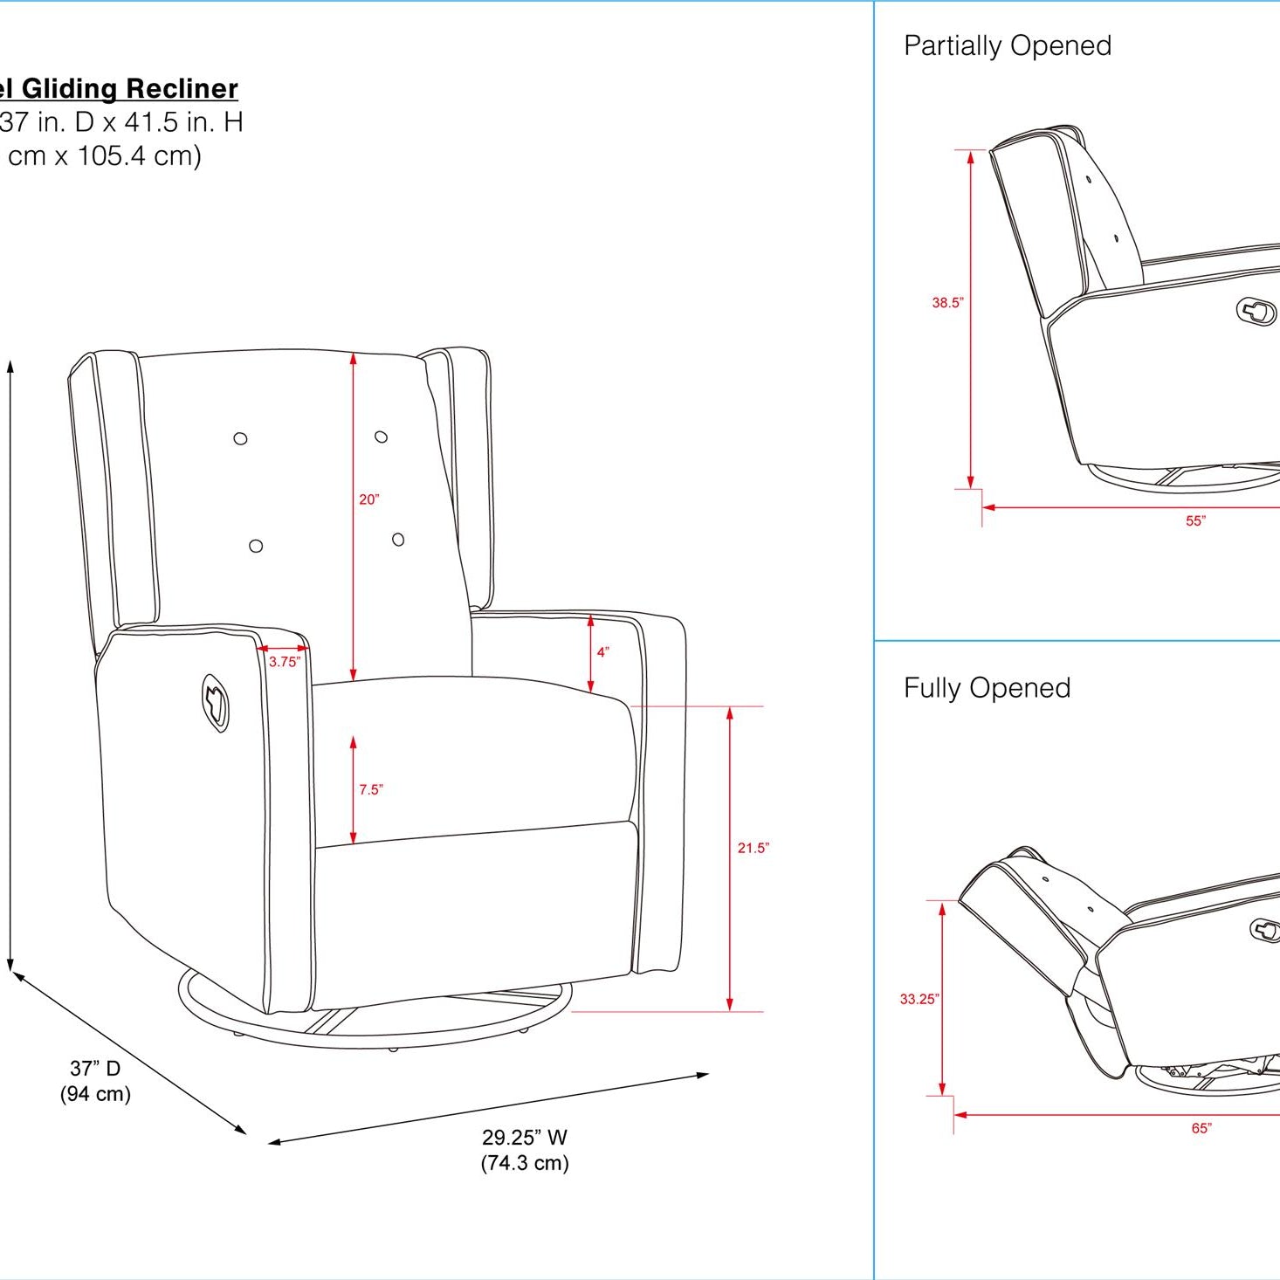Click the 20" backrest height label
click(368, 499)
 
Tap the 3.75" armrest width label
click(284, 662)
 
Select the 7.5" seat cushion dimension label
click(370, 789)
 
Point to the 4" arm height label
click(602, 651)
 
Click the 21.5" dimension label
click(753, 848)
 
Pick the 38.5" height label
click(947, 303)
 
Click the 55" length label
click(1195, 520)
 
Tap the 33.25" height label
click(919, 999)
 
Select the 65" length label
click(1201, 1128)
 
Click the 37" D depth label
click(95, 1068)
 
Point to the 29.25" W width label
click(524, 1137)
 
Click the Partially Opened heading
click(1007, 45)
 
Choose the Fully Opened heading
click(987, 688)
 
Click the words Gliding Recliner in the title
click(129, 88)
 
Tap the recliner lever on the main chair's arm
click(215, 702)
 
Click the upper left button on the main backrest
click(240, 438)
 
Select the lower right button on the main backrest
click(398, 540)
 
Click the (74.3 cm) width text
click(524, 1163)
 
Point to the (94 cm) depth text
click(95, 1094)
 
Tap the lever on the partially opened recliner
click(1256, 311)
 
